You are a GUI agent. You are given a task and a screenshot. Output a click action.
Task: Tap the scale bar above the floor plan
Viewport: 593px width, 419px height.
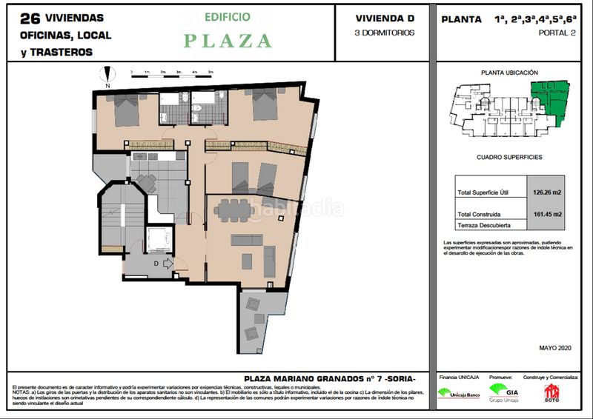tap(172, 73)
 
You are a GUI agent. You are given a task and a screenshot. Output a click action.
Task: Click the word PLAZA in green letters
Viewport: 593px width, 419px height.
tap(228, 41)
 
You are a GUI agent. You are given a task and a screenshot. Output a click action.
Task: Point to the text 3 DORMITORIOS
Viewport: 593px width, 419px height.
tap(385, 33)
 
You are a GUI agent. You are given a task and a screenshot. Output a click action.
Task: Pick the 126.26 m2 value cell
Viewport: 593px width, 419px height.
tap(546, 192)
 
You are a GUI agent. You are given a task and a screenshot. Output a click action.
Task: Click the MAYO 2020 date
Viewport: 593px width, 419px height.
tap(556, 347)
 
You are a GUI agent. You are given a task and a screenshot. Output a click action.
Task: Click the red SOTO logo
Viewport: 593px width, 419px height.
tap(551, 392)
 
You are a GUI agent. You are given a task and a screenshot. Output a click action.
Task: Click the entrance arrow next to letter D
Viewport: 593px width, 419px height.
tap(167, 261)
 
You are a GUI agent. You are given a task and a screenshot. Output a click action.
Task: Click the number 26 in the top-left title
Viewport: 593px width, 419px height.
tap(29, 17)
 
